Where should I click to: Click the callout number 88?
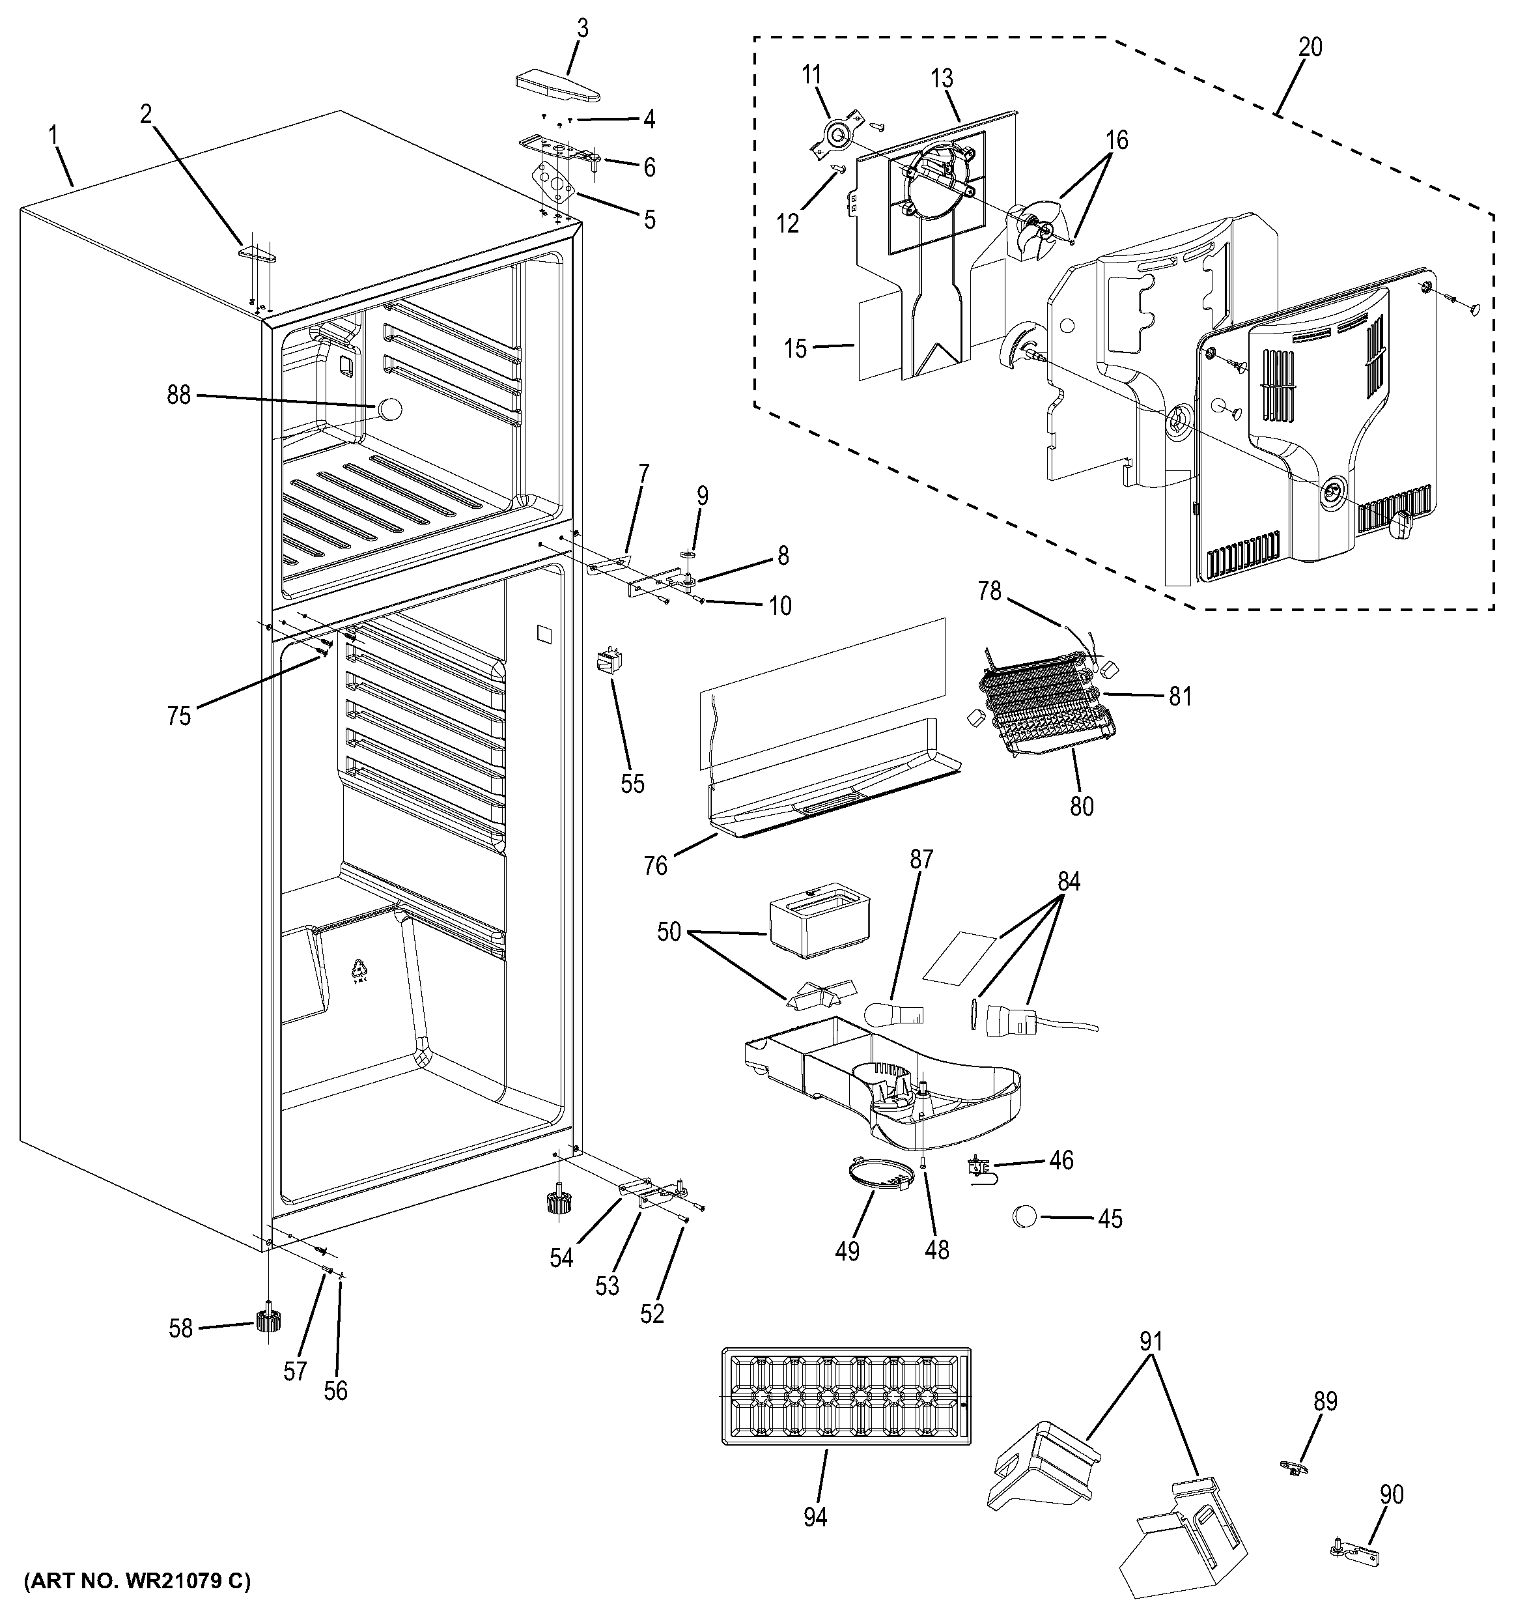tap(178, 395)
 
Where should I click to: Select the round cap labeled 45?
tap(1024, 1216)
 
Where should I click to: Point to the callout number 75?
tap(179, 716)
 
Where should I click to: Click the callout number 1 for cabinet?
tap(54, 134)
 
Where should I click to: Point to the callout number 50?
tap(668, 932)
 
